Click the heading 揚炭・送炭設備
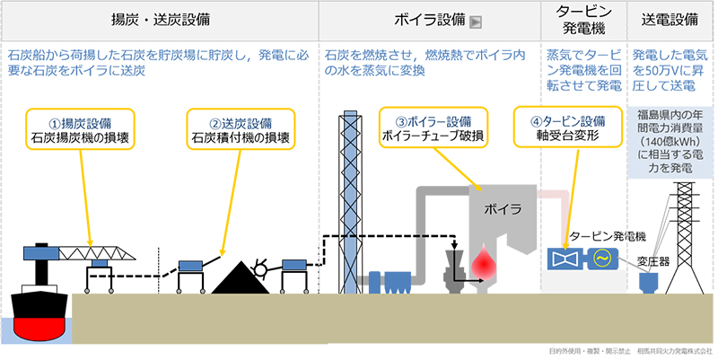[x=159, y=18]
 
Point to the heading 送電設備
[x=672, y=18]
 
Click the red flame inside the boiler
[x=487, y=262]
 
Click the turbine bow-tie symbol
[x=566, y=259]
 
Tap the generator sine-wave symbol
[x=600, y=259]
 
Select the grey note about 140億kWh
[x=672, y=142]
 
